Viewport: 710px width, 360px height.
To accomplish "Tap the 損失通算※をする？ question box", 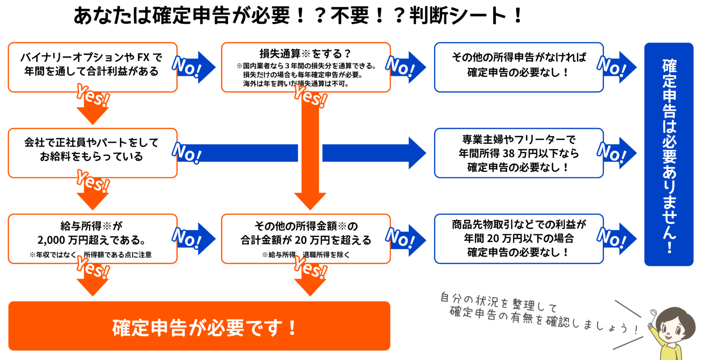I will click(x=306, y=67).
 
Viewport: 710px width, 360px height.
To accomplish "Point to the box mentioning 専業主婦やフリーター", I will click(x=518, y=153).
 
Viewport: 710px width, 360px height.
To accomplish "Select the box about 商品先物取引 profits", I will click(x=518, y=239).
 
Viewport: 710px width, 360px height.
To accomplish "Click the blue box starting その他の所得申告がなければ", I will click(x=518, y=67).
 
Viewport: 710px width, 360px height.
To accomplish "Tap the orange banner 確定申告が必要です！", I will click(x=199, y=327).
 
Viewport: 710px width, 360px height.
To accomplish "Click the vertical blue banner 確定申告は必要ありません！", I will click(x=669, y=154).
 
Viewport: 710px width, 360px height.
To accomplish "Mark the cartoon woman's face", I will click(x=674, y=327).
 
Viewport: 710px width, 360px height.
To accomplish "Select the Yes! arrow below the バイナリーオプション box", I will click(x=93, y=107).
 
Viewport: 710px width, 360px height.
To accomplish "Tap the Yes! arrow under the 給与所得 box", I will click(x=93, y=277).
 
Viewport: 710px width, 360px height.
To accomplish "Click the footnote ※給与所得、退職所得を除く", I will click(x=306, y=255).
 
